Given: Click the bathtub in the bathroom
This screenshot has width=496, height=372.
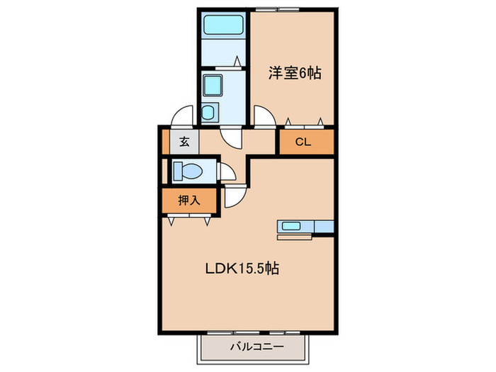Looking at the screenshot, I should click(x=223, y=27).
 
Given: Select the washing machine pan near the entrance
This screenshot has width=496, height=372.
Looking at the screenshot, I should click(x=210, y=112).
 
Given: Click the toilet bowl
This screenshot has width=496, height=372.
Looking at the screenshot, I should click(x=190, y=171).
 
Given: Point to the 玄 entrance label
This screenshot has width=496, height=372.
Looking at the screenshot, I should click(x=184, y=142).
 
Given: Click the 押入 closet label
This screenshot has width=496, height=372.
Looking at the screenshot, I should click(x=188, y=201).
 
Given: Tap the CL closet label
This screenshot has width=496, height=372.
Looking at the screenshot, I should click(x=303, y=142).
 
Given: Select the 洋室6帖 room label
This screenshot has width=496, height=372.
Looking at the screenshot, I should click(x=291, y=72).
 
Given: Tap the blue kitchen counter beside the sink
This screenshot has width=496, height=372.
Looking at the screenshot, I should click(x=323, y=227).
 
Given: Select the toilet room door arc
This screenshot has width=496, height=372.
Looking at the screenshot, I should click(x=228, y=172).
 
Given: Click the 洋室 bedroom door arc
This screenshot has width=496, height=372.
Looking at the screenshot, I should click(x=264, y=115).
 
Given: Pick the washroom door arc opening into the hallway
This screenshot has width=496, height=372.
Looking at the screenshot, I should click(x=231, y=137).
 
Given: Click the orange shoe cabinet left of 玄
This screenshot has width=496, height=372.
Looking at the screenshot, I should click(x=165, y=142).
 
